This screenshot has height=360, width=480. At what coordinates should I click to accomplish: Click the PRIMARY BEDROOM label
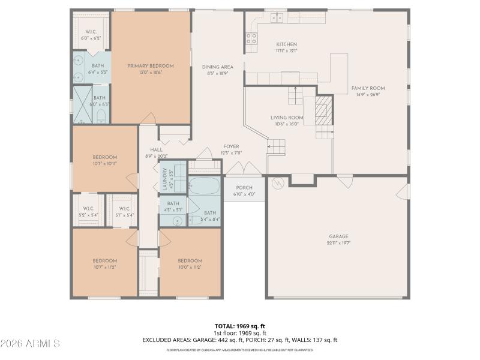pos(150,66)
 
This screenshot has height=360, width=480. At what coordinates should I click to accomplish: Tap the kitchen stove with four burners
pos(251,39)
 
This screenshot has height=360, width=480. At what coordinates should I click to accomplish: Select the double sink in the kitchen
pos(277,18)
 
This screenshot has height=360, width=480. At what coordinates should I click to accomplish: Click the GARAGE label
pos(338,236)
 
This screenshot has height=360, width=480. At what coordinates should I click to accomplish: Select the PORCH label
pos(244,187)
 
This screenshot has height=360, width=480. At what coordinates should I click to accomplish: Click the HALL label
pos(156,150)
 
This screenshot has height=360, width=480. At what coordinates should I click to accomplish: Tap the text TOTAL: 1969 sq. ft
pos(240,326)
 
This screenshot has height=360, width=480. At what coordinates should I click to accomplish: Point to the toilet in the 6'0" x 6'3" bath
pos(102,115)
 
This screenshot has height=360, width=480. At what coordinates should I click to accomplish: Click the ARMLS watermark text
pos(30,344)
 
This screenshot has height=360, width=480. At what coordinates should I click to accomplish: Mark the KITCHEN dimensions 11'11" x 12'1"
pos(286,51)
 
